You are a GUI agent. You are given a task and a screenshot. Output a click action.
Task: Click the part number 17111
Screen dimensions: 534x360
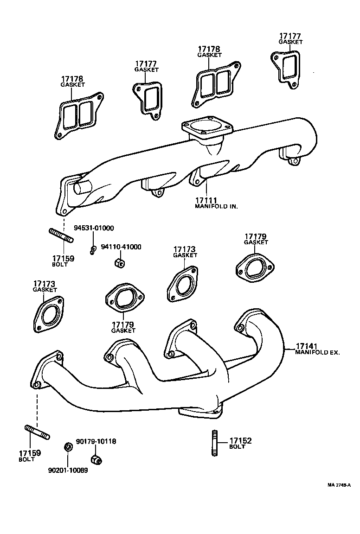(206, 200)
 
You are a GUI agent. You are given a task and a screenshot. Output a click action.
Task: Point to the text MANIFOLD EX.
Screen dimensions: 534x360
(318, 352)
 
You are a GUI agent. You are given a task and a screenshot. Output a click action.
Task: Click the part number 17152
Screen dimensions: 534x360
(240, 441)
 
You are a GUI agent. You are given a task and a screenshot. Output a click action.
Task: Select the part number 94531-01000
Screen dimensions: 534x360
(94, 228)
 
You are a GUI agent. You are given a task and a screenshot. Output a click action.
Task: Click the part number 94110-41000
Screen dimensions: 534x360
(121, 247)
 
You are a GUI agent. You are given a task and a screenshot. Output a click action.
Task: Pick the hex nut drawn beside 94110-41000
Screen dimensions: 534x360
(118, 263)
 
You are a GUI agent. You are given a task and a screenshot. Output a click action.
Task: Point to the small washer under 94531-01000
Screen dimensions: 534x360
(93, 250)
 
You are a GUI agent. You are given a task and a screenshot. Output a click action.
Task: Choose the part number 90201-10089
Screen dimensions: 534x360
(68, 470)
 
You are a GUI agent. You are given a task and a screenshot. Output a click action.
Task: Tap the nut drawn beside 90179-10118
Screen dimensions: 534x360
(96, 460)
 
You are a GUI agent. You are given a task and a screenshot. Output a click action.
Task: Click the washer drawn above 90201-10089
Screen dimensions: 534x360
(67, 447)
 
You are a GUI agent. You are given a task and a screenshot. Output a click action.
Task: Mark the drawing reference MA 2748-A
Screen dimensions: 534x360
(339, 485)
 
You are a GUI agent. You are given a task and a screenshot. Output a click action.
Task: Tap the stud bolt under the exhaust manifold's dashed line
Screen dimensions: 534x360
(37, 432)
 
